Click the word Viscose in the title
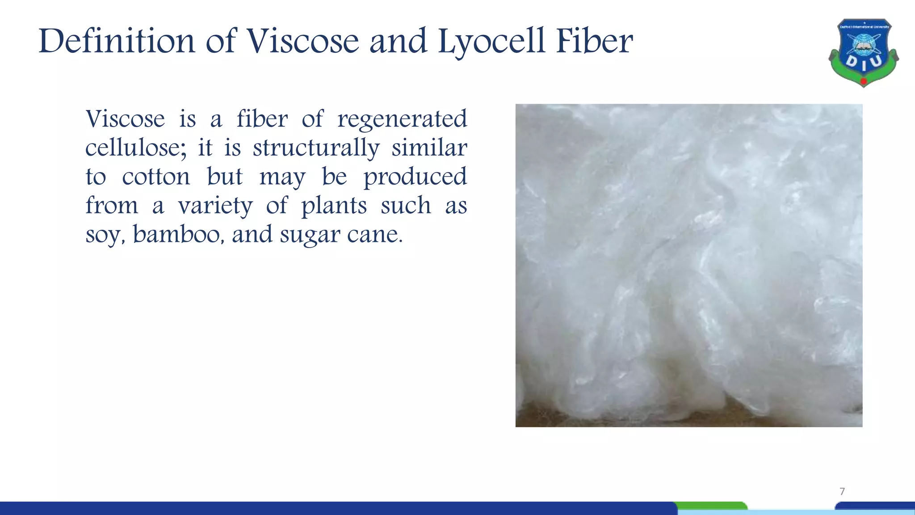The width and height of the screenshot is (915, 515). coord(303,41)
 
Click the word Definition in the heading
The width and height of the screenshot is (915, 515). coord(117,41)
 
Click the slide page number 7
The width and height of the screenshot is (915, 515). coord(842,491)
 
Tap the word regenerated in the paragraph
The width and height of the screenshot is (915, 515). coord(402,120)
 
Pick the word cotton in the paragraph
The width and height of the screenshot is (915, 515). coord(156,177)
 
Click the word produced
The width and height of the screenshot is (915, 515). coord(415,177)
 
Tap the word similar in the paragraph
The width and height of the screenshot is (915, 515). coord(429,148)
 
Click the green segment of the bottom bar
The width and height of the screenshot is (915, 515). coord(712,506)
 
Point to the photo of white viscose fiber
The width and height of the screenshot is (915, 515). coord(688,265)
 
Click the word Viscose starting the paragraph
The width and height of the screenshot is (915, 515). coord(125,119)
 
